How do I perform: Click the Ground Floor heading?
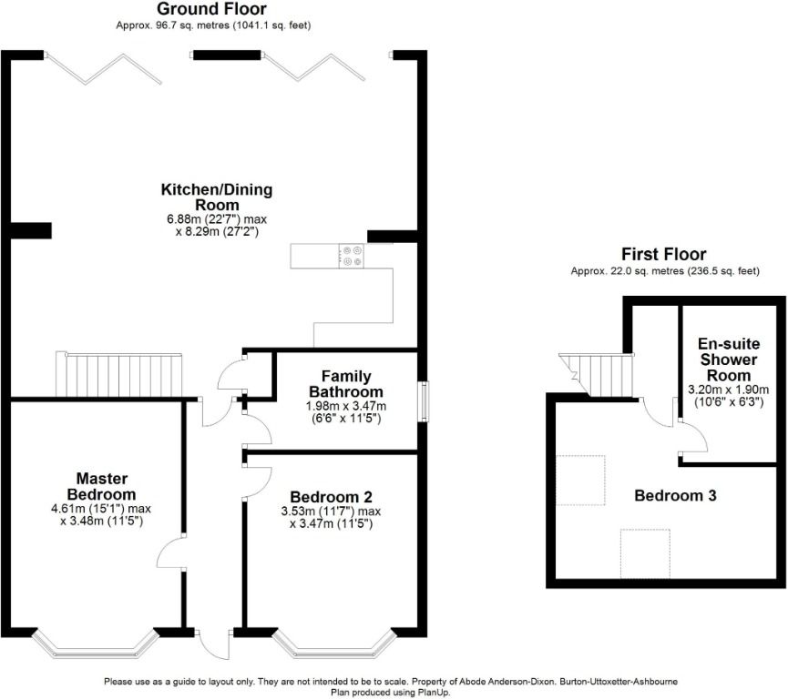tap(213, 9)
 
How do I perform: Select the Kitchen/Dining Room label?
tap(217, 197)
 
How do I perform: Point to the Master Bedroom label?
tap(101, 486)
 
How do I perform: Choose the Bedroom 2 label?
tap(331, 497)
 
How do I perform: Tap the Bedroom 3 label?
tap(675, 496)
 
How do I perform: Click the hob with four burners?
tap(352, 257)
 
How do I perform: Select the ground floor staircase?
tap(119, 375)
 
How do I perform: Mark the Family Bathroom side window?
tap(422, 401)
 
